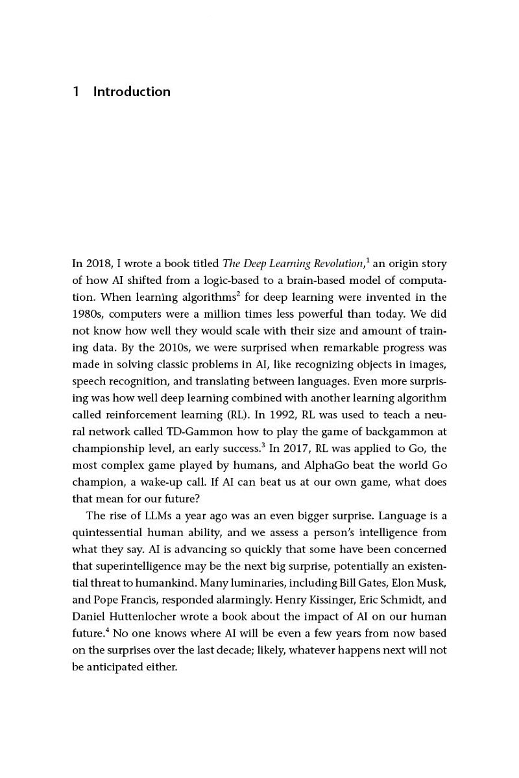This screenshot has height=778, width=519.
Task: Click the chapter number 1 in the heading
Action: (x=76, y=91)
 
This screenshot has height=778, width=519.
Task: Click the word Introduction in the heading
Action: (x=132, y=91)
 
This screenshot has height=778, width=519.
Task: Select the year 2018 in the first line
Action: (x=97, y=263)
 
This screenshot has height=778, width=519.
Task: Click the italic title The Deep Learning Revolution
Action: (x=293, y=263)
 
